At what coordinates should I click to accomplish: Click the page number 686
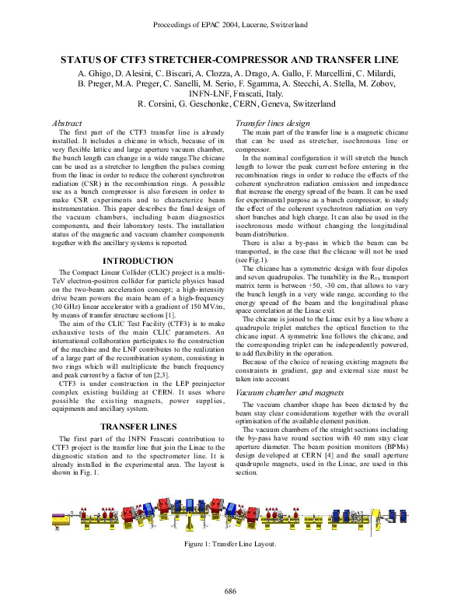[x=230, y=591]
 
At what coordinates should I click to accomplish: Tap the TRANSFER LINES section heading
[x=138, y=426]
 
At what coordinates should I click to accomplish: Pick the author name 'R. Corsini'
[x=159, y=103]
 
